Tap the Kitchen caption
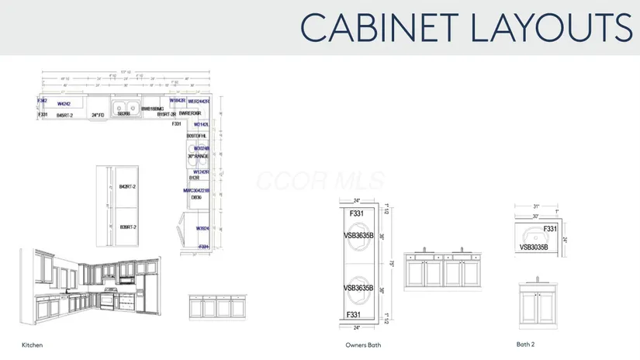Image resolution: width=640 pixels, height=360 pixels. tap(32, 344)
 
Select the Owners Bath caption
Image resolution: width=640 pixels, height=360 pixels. tap(363, 344)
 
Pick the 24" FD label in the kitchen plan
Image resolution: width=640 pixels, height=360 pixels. tap(98, 115)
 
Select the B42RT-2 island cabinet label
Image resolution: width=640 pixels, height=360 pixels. tap(128, 187)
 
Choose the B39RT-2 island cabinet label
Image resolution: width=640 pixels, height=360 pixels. tap(128, 227)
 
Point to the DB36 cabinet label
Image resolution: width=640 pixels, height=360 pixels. tap(196, 198)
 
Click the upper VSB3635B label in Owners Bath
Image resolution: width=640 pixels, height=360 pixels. tap(358, 235)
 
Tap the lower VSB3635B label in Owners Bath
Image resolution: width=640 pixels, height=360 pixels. tap(358, 288)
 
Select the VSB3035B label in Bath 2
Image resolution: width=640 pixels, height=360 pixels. tap(534, 247)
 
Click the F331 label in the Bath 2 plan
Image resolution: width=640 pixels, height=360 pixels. tap(550, 229)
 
